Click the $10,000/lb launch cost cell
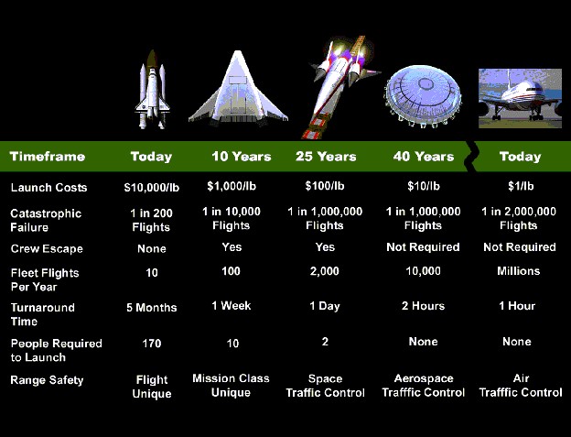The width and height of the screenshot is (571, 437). [x=152, y=188]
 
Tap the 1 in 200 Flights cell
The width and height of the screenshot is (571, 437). [x=152, y=220]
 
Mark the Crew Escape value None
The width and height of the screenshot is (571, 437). [x=152, y=248]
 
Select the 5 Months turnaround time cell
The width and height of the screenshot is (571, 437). [x=152, y=308]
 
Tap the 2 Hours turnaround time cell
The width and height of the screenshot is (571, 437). [x=423, y=306]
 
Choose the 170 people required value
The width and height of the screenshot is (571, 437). [x=152, y=344]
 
